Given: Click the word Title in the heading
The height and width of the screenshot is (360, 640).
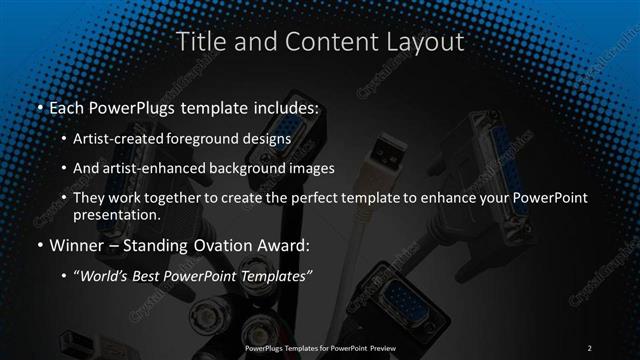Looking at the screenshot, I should click(x=198, y=42).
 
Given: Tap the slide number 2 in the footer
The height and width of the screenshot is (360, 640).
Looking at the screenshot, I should click(x=590, y=347).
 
